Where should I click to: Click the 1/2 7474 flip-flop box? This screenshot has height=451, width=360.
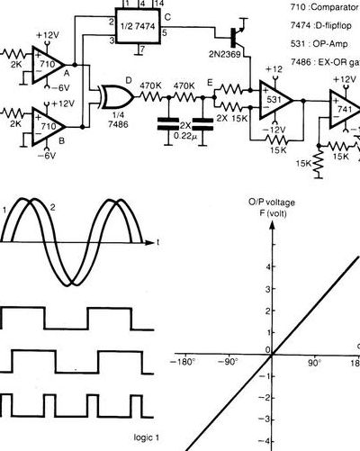pos(138,26)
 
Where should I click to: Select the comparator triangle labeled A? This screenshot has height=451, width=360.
pos(48,65)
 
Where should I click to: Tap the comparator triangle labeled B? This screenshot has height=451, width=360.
pos(49,127)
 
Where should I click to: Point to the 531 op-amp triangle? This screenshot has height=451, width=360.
pos(274,100)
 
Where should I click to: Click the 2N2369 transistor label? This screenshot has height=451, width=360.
pos(225,55)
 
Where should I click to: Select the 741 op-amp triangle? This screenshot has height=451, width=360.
pos(345,109)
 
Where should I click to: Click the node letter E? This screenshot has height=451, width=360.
pos(210,83)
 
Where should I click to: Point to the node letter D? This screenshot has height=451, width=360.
pos(129,80)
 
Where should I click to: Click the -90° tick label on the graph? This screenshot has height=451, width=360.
pos(228,362)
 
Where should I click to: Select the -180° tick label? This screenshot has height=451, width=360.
pos(183,362)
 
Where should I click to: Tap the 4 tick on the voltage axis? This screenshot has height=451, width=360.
pos(267,266)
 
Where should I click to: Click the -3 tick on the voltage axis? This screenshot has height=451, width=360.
pos(265,419)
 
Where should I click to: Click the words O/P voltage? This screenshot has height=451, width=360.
pos(272,203)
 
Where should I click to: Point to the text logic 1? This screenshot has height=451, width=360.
pos(147,437)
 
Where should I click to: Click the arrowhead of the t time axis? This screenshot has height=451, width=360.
pos(149,242)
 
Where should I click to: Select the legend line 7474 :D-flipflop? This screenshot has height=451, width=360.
pos(320,26)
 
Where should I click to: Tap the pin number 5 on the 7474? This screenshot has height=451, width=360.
pos(165,32)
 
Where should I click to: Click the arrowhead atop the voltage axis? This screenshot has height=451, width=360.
pos(272,224)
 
